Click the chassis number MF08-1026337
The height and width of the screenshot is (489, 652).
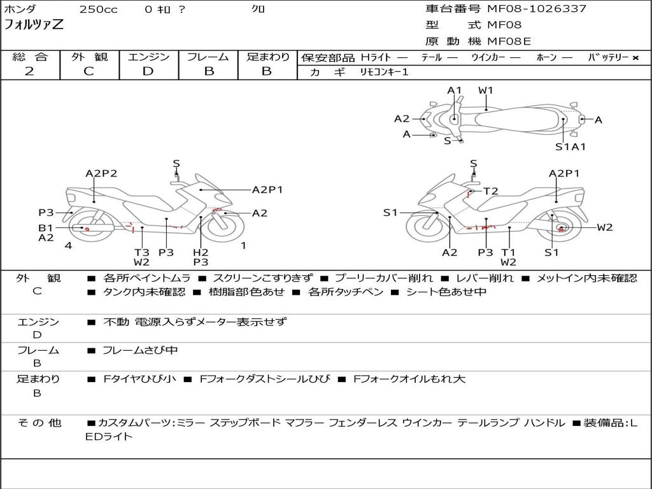point(536,9)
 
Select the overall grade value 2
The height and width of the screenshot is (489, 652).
point(29,71)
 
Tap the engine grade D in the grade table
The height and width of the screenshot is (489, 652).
point(148,71)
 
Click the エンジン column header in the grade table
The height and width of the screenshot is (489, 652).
point(148,57)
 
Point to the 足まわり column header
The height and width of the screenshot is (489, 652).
point(267,57)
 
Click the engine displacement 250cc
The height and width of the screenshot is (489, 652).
point(98,10)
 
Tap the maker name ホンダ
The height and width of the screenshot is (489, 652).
point(20,10)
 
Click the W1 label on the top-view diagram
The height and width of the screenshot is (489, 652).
point(486,90)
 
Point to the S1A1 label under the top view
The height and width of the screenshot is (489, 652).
point(570,147)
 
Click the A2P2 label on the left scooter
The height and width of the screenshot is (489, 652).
point(102,173)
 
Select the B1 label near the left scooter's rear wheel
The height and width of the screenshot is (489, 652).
point(45,227)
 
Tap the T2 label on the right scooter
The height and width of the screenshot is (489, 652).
point(490,191)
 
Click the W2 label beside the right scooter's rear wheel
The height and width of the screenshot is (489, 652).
point(604,227)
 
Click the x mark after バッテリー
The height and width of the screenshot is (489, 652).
point(635,58)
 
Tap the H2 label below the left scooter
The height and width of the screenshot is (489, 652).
point(201,252)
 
